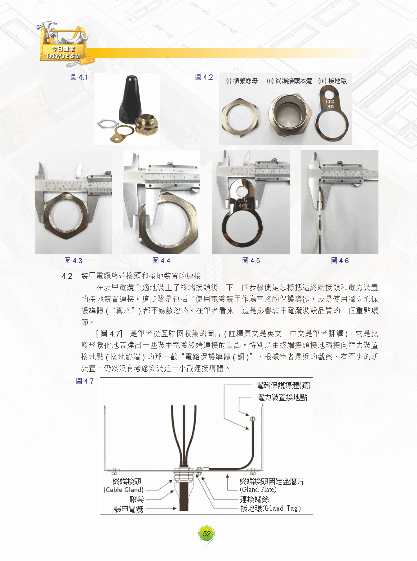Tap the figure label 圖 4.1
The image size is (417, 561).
(x=79, y=77)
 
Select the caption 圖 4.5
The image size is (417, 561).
(x=251, y=260)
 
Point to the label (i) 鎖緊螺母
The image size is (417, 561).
(x=242, y=81)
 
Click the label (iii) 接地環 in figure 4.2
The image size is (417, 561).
(x=333, y=81)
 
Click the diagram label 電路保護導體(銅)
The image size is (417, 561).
(x=283, y=385)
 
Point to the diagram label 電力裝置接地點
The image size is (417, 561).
(x=282, y=398)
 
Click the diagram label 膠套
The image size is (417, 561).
(x=137, y=499)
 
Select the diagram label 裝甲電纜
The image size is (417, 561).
(x=128, y=509)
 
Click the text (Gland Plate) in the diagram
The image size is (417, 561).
(x=258, y=489)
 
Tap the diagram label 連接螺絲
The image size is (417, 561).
(x=254, y=499)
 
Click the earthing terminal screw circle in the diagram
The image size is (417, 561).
(x=252, y=419)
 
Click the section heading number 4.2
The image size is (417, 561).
(x=67, y=276)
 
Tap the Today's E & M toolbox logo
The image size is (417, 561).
(x=64, y=44)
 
